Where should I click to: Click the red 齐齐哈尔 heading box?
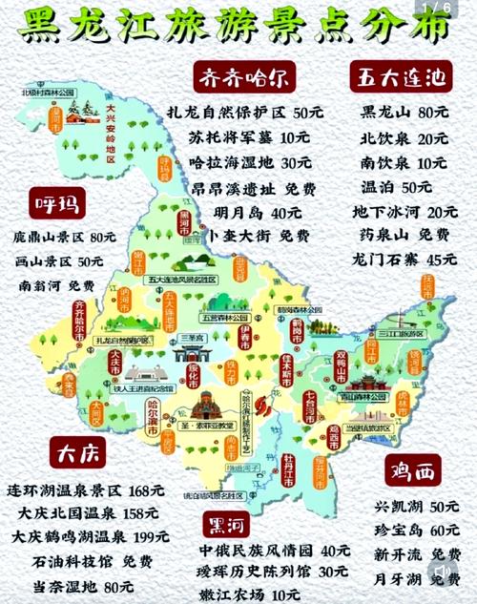point(243,76)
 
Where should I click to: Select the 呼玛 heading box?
point(55,202)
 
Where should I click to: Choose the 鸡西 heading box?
point(413,471)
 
